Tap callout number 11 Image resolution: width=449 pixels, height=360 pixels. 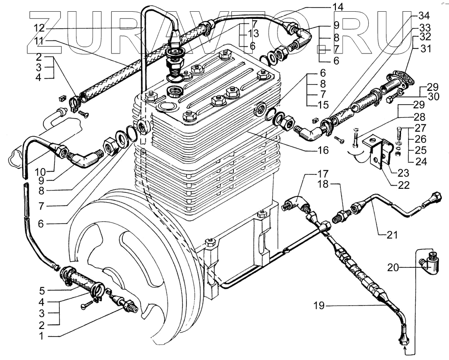click(39, 41)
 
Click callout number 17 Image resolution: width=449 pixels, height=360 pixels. click(311, 174)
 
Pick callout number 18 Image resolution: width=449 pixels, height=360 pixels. click(311, 185)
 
